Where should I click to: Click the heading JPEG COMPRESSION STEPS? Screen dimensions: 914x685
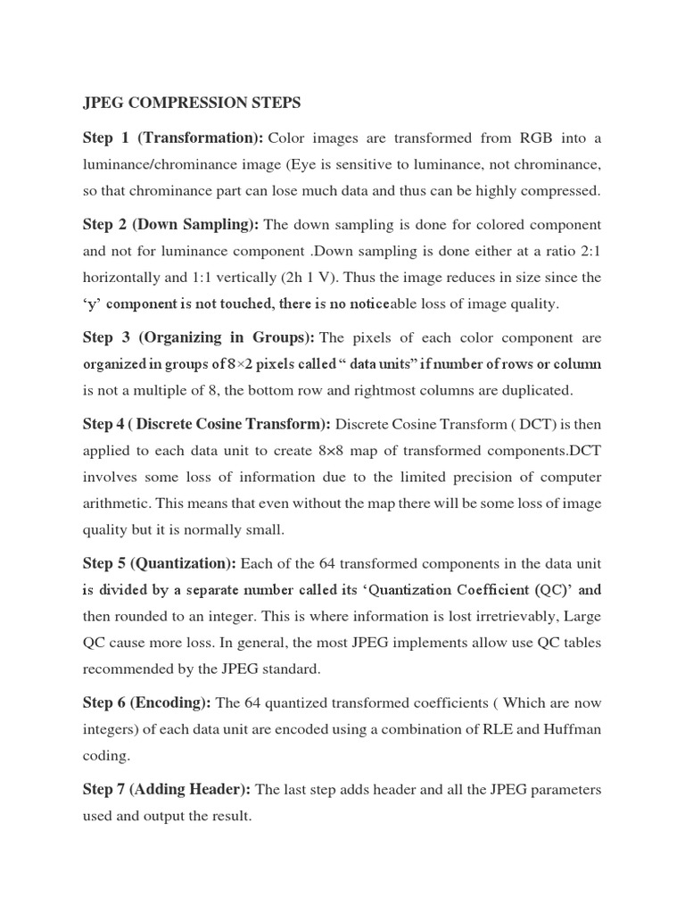pos(192,104)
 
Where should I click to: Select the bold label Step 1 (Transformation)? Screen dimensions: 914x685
pos(173,138)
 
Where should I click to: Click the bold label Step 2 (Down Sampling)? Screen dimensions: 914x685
pos(171,224)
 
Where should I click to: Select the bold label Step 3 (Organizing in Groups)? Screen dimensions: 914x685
pos(198,337)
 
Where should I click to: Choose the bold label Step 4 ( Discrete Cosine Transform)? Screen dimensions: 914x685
pos(207,423)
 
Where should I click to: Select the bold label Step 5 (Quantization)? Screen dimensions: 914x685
pos(160,563)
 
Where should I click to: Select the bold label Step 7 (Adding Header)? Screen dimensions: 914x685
pos(169,789)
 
